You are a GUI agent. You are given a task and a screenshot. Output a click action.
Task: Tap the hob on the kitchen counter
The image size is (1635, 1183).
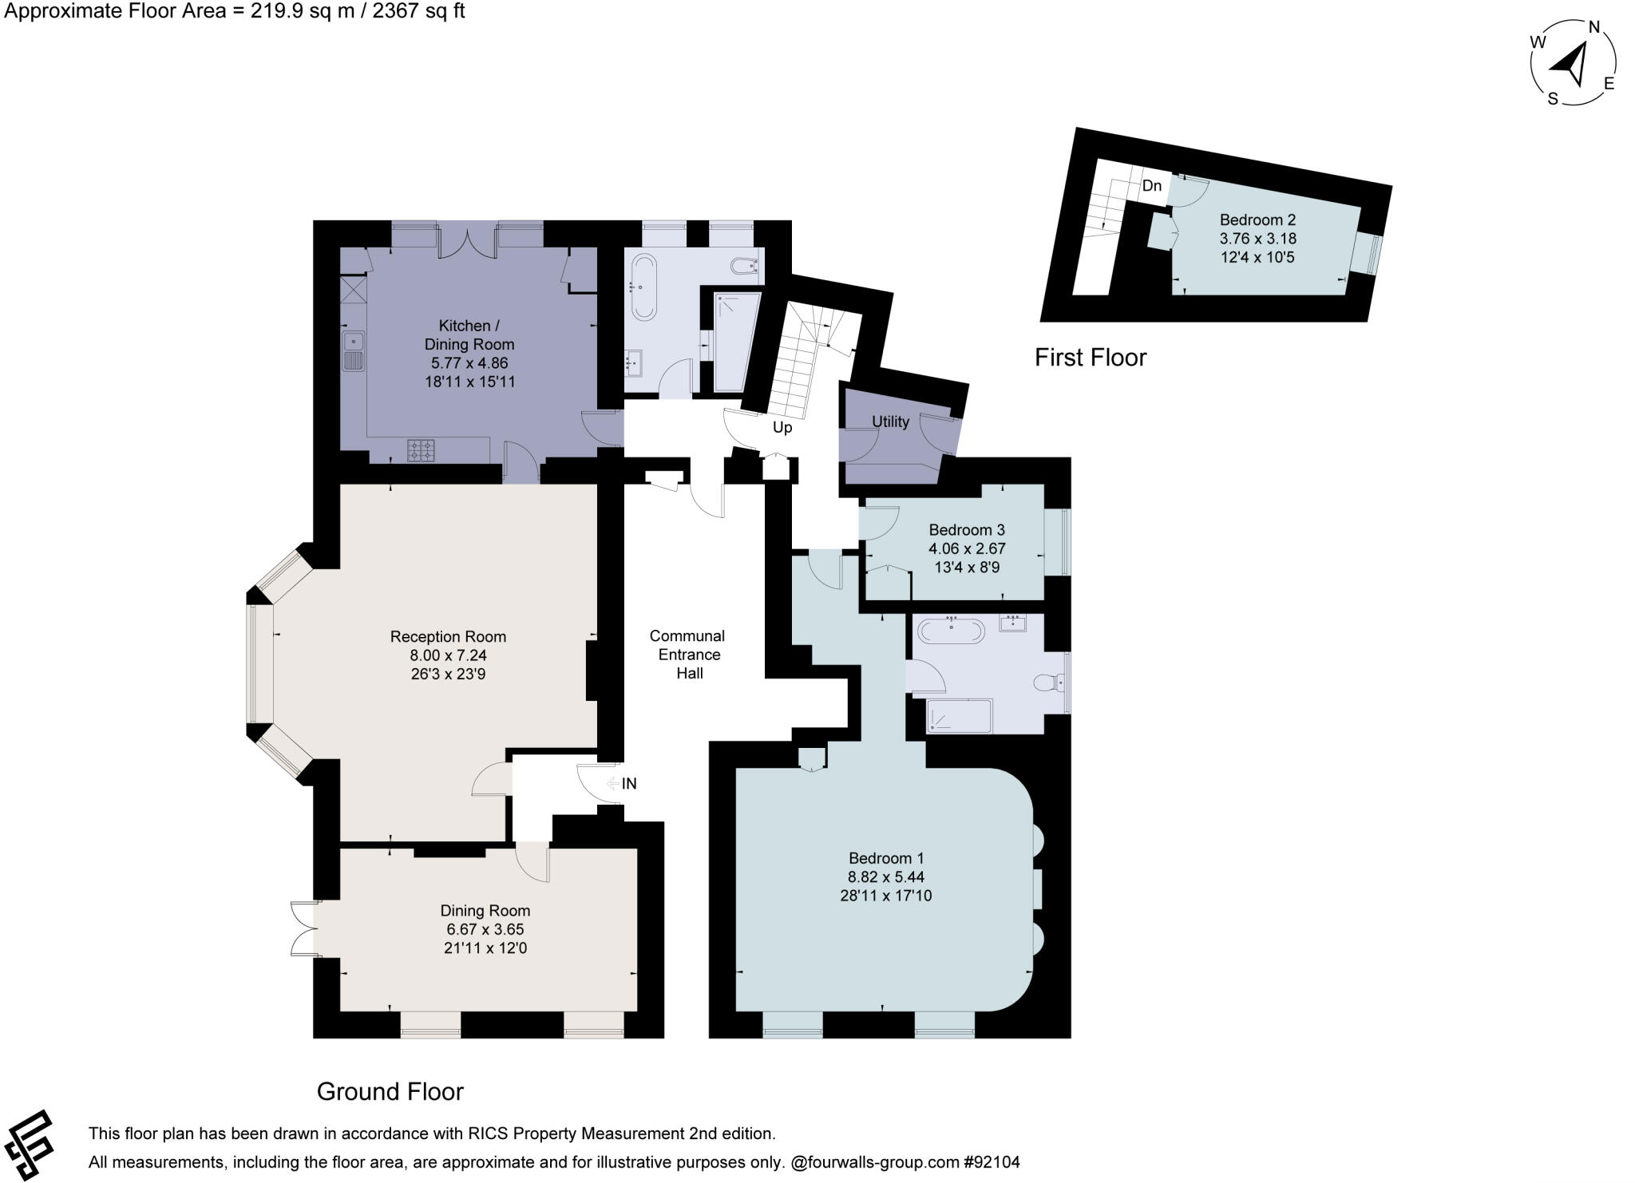coord(422,450)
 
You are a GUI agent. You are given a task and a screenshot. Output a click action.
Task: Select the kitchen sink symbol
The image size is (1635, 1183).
coord(352,352)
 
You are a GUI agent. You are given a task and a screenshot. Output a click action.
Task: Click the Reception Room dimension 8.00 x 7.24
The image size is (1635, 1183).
coord(448,655)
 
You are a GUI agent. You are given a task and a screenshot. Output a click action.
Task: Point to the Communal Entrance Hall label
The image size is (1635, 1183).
coord(687,655)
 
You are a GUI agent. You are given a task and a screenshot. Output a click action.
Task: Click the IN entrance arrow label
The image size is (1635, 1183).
coord(628,784)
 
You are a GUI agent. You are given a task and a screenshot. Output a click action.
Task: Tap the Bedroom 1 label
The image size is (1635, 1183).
coord(885,858)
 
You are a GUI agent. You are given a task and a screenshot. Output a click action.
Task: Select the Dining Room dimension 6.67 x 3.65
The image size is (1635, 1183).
coord(485,929)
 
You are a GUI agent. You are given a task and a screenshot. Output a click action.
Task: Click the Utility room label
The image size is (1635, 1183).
coord(890,421)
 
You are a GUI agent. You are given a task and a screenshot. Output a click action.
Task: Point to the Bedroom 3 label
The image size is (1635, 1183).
coord(966,530)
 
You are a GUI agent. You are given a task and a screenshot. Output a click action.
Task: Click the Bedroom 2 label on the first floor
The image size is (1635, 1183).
coord(1257,220)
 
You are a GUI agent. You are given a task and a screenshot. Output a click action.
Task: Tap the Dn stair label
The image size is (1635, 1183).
coord(1151,186)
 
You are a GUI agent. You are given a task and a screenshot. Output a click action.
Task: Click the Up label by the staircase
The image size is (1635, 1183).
coord(782,428)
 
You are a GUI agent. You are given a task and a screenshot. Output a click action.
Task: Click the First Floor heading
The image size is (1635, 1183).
coord(1090,357)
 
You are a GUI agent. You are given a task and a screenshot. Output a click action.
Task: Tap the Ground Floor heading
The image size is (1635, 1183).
coord(390,1091)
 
